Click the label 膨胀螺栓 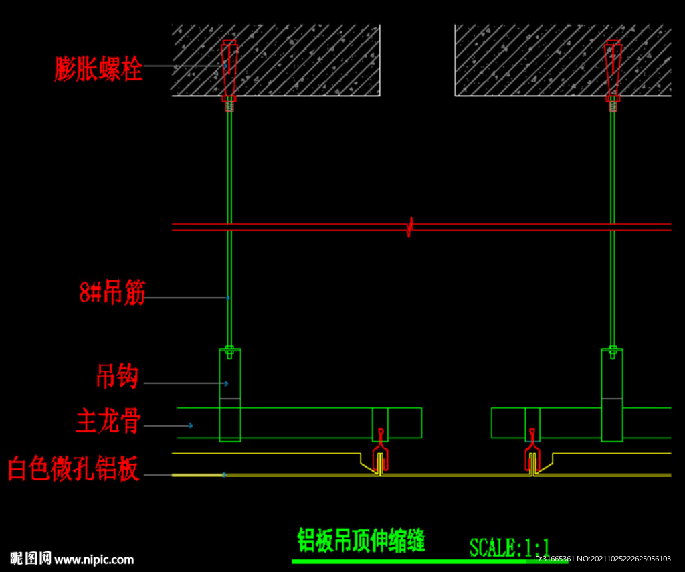click(x=98, y=68)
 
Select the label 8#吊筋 click(x=112, y=293)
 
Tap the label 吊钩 click(x=117, y=377)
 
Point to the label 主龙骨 click(x=108, y=421)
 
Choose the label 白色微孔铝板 click(x=74, y=468)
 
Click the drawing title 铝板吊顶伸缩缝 click(x=361, y=539)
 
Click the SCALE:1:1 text click(x=509, y=547)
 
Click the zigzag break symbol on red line click(x=410, y=227)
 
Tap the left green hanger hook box click(x=230, y=395)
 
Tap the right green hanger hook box click(x=612, y=395)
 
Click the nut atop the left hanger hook click(x=230, y=349)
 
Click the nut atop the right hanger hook click(x=612, y=349)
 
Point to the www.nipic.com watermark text click(x=94, y=559)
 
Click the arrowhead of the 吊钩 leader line click(x=226, y=383)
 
